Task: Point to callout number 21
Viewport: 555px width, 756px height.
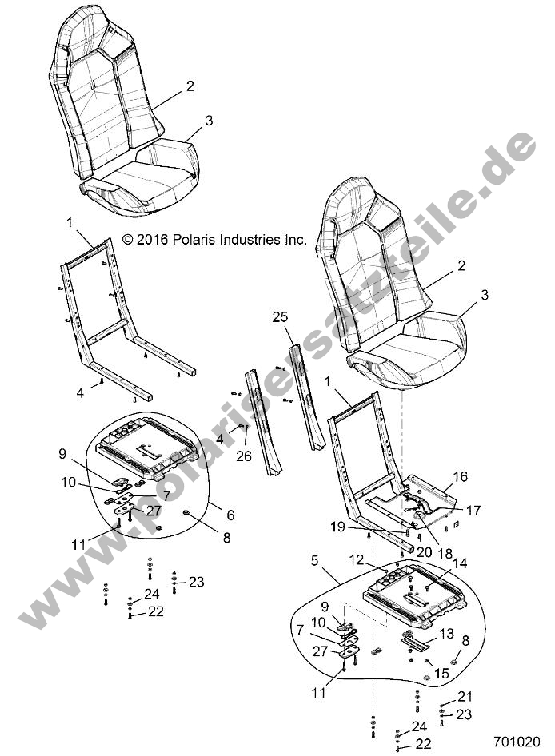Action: point(465,696)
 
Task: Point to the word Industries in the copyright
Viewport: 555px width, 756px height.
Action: point(254,239)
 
